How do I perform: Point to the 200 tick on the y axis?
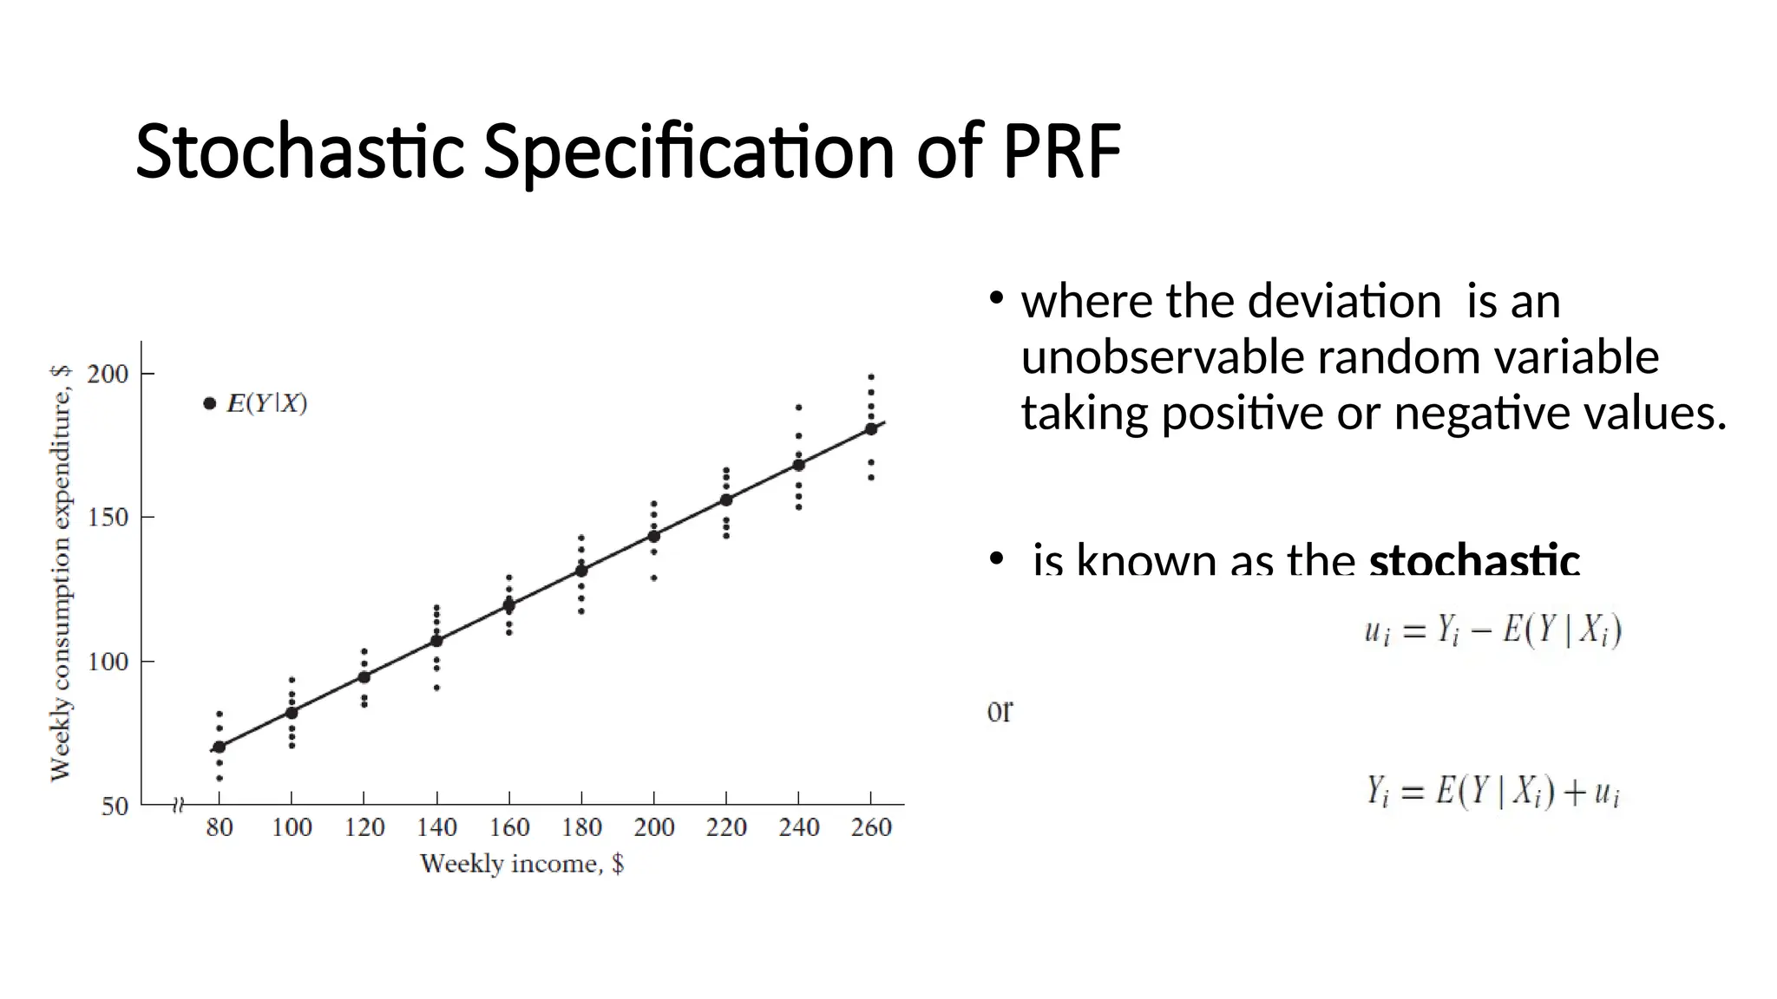pos(108,374)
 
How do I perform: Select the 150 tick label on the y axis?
pos(108,518)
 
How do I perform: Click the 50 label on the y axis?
pos(115,806)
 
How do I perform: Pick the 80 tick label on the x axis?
pos(219,827)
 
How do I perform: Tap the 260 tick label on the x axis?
pos(871,827)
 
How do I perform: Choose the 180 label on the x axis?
pos(581,827)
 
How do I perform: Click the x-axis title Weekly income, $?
pos(521,864)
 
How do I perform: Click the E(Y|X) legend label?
pos(266,404)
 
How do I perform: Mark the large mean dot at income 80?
pos(220,747)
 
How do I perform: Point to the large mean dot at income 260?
pos(871,428)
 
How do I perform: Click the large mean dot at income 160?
pos(509,605)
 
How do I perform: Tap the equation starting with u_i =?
pos(1492,630)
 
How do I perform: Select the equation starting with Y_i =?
pos(1492,792)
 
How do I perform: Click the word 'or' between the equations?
pos(1000,711)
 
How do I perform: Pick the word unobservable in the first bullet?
pos(1163,356)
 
